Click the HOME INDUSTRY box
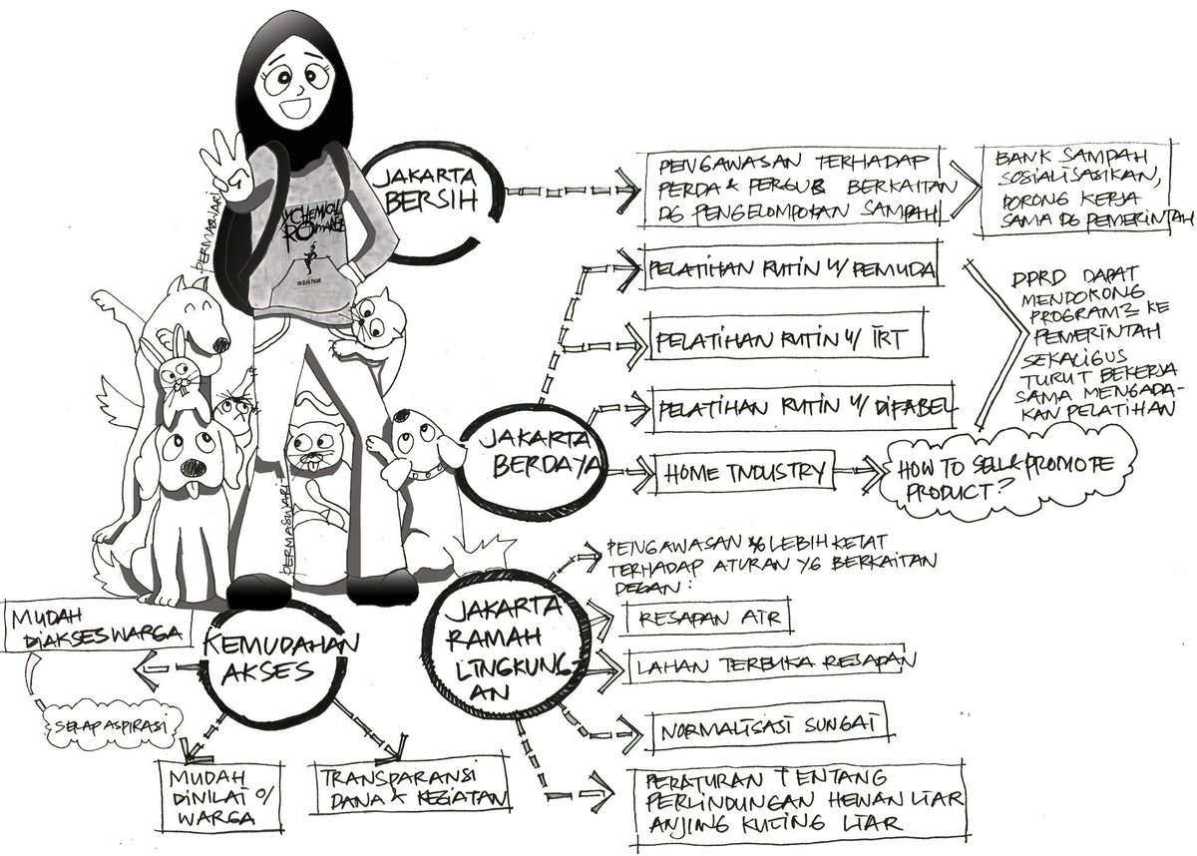744,470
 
